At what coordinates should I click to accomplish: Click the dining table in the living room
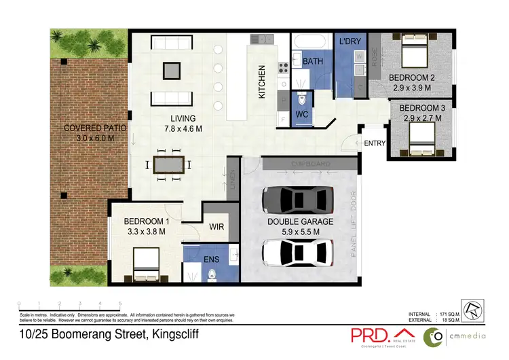[x=168, y=164]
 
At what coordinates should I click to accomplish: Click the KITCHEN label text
[x=262, y=82]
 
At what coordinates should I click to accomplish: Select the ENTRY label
[x=375, y=143]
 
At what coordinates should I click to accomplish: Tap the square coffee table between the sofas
[x=172, y=70]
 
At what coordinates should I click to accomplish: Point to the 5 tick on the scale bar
[x=121, y=304]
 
